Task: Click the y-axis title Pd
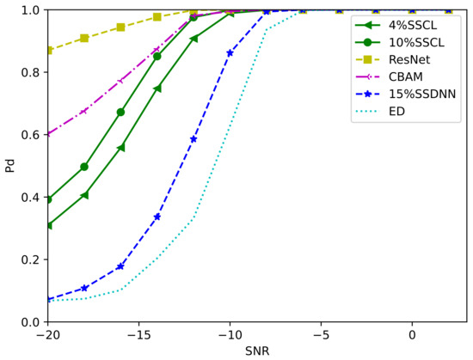(10, 165)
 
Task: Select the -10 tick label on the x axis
(230, 334)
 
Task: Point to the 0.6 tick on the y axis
(29, 135)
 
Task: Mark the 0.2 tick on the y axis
(29, 259)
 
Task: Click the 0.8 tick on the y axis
(29, 72)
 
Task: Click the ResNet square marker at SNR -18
(84, 38)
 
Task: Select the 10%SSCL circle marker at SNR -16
(120, 112)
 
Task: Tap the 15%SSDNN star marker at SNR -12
(193, 139)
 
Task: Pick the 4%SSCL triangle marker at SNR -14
(157, 88)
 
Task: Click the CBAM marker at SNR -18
(84, 111)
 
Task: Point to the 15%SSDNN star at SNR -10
(230, 53)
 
